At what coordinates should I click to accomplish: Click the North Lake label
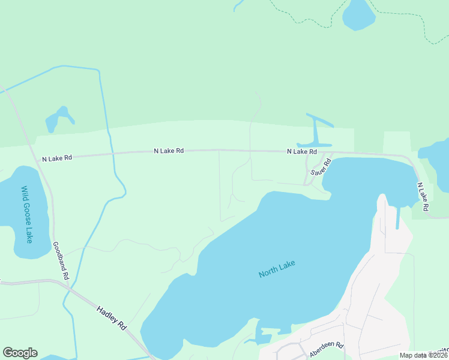(x=277, y=268)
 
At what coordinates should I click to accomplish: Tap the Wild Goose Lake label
(x=28, y=214)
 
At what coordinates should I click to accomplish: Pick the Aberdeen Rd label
(x=326, y=350)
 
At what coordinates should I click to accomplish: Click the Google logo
(x=20, y=352)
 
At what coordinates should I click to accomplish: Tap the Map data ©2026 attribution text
(x=423, y=355)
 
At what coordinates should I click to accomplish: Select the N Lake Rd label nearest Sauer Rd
(x=301, y=152)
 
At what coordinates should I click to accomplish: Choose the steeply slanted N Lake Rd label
(x=423, y=197)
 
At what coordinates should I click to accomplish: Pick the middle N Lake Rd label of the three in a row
(x=169, y=151)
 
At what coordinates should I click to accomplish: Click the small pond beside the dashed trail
(x=358, y=14)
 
